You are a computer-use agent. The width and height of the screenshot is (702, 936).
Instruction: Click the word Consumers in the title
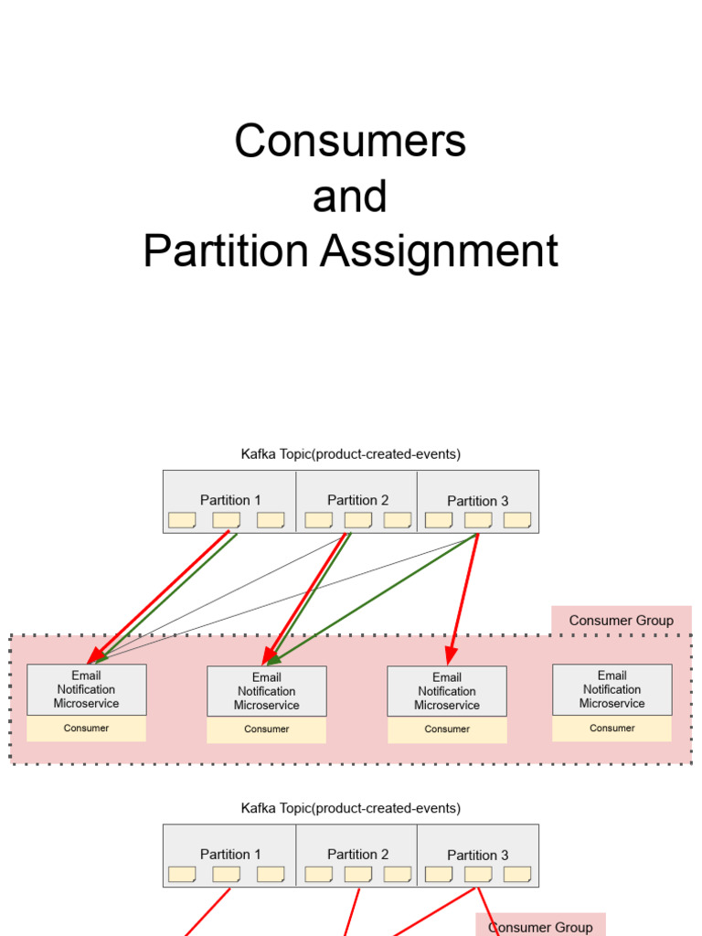point(350,142)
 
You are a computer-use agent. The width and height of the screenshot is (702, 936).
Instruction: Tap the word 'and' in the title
point(350,197)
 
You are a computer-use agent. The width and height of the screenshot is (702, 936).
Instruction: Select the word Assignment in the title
point(439,251)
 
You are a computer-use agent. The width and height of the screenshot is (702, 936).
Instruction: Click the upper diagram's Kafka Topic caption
point(350,453)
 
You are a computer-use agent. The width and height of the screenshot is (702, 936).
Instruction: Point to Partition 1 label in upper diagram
point(230,500)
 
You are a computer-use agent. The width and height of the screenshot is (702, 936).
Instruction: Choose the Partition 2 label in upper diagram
point(357,500)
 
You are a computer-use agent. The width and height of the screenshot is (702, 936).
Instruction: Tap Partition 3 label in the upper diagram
point(477,501)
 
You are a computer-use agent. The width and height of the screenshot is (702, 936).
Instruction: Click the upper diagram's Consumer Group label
point(621,621)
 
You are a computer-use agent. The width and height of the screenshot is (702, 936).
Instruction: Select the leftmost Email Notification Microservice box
point(86,689)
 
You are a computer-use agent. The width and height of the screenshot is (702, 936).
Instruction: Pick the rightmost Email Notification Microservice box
point(612,689)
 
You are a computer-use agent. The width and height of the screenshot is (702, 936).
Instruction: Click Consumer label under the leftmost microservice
point(86,729)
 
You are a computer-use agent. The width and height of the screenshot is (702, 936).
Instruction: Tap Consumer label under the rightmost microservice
point(612,729)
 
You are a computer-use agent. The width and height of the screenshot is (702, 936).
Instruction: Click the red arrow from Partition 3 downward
point(464,594)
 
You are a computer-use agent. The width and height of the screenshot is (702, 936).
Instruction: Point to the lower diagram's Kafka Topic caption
point(350,808)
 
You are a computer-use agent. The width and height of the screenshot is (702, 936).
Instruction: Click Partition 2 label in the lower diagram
point(357,854)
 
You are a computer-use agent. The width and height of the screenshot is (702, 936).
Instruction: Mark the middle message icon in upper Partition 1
point(226,520)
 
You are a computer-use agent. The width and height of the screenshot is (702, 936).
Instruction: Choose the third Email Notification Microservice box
point(446,691)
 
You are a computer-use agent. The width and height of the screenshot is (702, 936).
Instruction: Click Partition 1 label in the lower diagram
point(230,854)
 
